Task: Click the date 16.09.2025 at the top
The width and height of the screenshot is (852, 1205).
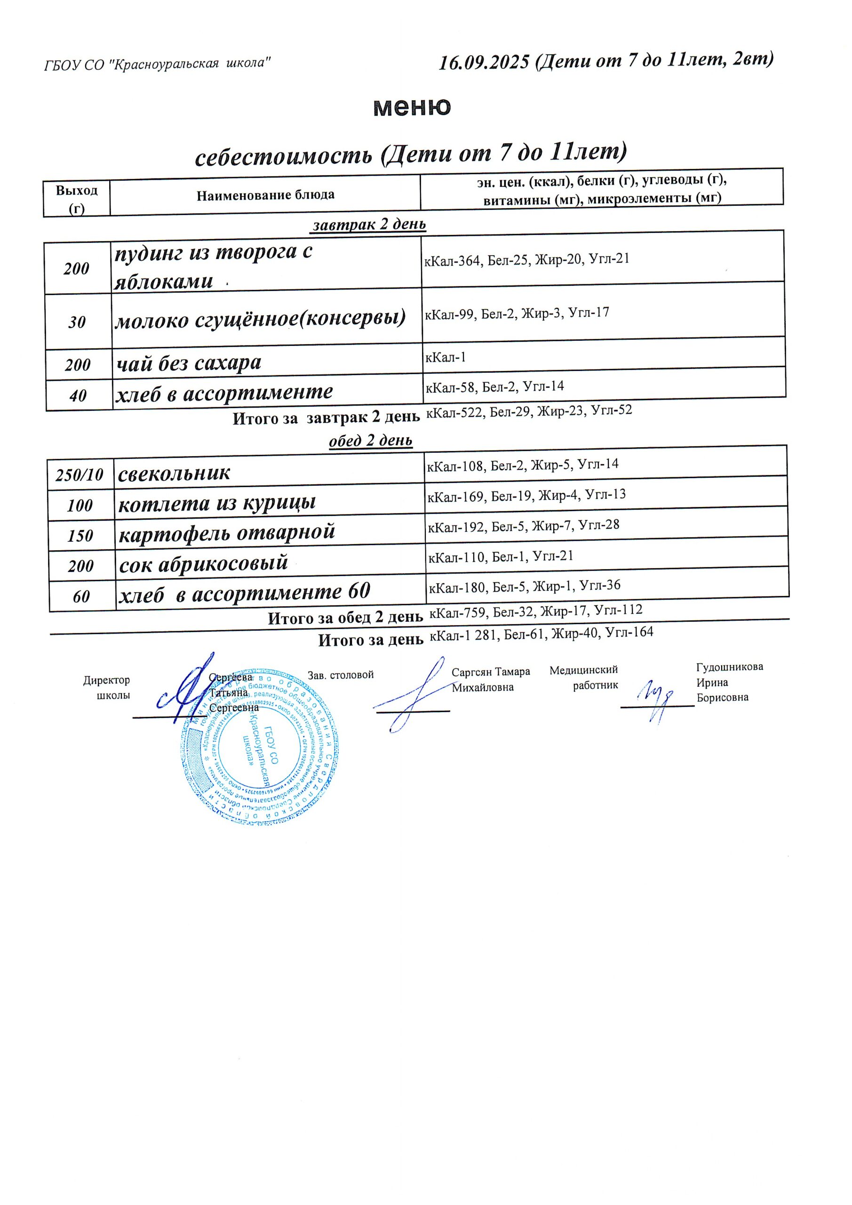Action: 484,63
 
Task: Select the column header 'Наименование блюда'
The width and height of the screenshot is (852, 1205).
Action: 265,195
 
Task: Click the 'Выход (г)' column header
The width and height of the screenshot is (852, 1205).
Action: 77,199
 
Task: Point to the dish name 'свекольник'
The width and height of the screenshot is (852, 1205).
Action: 174,474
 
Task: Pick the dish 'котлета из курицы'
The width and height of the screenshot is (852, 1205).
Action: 217,504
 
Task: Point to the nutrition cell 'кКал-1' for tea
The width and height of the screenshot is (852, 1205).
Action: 446,358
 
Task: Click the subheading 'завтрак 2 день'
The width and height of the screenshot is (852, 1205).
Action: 369,225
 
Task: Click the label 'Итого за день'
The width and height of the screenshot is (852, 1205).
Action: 370,640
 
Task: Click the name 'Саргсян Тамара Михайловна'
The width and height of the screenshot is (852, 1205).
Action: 490,680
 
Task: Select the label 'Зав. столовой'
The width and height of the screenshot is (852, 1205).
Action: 341,675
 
